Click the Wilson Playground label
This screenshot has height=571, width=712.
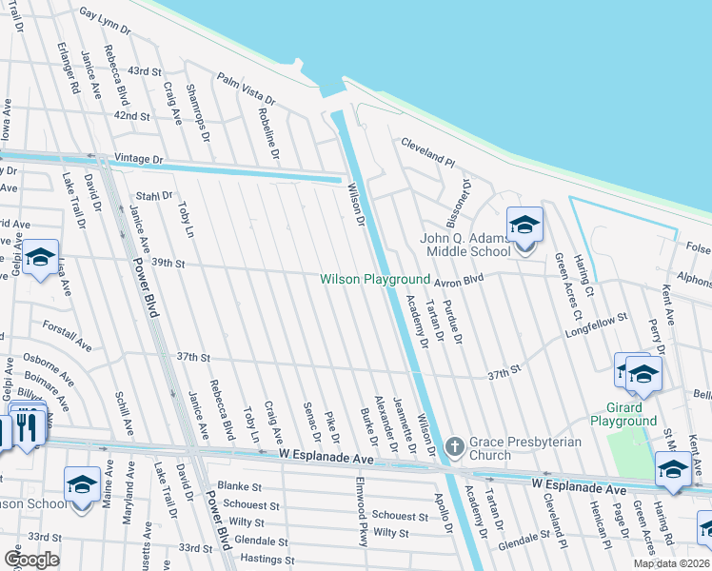click(375, 279)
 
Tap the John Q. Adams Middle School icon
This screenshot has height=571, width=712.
click(524, 226)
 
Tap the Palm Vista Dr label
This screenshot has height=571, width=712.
click(246, 89)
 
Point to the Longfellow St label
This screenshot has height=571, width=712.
click(597, 325)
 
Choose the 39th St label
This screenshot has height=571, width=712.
click(167, 262)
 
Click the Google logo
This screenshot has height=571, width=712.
click(31, 559)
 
